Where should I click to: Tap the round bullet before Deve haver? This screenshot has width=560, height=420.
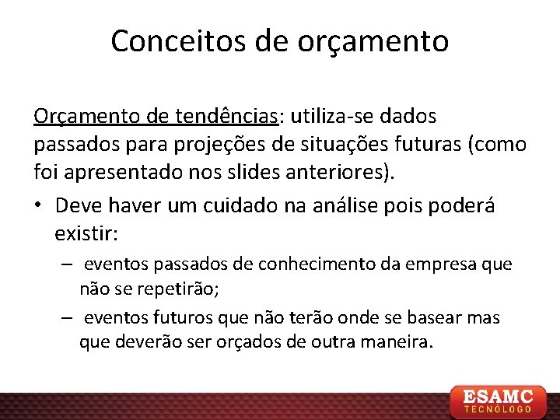click(39, 205)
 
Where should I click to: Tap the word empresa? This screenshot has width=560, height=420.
click(441, 264)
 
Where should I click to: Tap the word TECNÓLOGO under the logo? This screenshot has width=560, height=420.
click(499, 408)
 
